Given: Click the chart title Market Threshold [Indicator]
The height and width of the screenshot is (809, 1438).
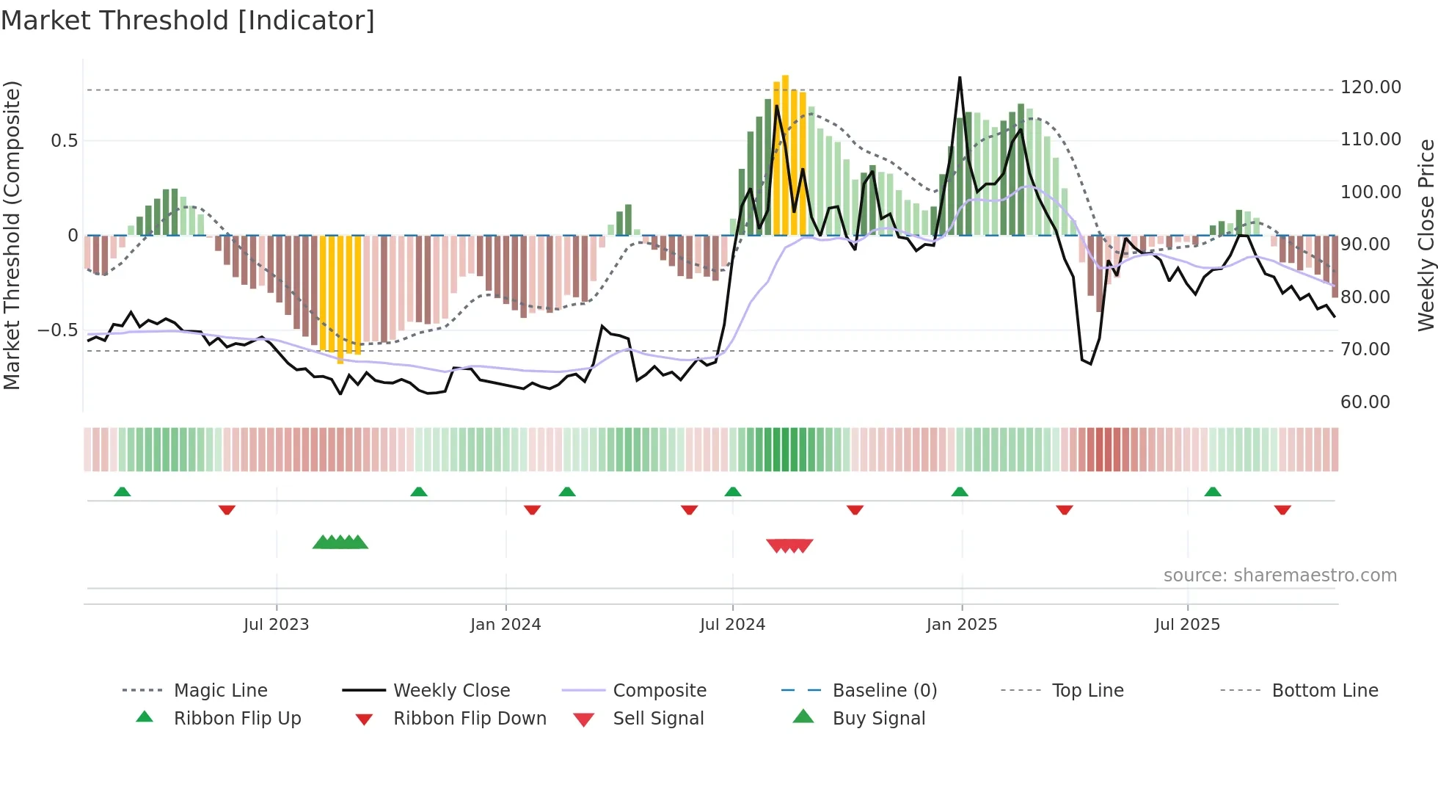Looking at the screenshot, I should (x=188, y=21).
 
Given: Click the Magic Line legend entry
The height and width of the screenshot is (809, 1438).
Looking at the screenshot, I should (x=220, y=691).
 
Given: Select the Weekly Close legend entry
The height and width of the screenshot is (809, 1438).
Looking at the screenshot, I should (x=451, y=691).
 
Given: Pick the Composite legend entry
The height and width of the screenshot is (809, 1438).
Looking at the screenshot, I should (x=659, y=691).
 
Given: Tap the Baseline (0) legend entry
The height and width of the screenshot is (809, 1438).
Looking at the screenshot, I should (x=884, y=691).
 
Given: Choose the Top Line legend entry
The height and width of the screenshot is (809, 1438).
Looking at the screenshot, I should (x=1087, y=691).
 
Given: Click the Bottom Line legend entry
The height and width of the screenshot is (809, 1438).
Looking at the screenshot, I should (x=1324, y=691).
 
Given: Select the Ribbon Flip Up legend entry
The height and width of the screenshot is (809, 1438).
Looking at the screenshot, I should (x=237, y=719).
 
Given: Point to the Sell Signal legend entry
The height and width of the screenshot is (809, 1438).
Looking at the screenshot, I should (x=657, y=719).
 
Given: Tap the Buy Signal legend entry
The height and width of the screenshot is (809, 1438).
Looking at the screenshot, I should (x=878, y=719).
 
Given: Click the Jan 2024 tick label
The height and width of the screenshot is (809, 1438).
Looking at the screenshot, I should (x=506, y=625).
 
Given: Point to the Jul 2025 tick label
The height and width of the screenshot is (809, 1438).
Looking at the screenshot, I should (x=1187, y=625).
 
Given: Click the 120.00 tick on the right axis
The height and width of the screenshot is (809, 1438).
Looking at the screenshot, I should (x=1371, y=87).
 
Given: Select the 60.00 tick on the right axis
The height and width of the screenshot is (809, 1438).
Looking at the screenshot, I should (x=1365, y=402).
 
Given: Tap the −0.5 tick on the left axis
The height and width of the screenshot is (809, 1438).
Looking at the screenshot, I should (x=57, y=330).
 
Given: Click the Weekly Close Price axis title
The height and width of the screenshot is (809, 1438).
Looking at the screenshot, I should (x=1426, y=235).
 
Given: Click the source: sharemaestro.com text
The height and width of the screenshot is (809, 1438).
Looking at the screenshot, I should (x=1280, y=576).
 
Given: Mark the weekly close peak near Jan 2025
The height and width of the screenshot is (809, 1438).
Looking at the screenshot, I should (x=960, y=78).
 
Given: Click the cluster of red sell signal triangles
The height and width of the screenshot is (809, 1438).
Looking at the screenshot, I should (x=789, y=545).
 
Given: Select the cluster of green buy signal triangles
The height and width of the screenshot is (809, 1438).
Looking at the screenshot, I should (x=340, y=543).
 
